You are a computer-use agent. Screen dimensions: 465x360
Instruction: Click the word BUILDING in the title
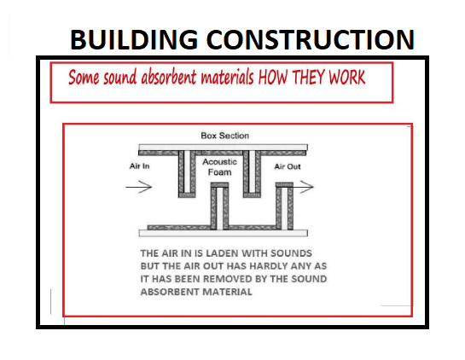tap(134, 39)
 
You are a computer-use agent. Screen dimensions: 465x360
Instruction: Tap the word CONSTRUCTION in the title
tap(311, 39)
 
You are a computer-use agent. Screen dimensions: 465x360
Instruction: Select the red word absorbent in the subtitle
tap(168, 77)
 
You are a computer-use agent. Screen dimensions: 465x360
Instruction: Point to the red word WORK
tap(347, 77)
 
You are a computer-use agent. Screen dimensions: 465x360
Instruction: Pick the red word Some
tap(84, 77)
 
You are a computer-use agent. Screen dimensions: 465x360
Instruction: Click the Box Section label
tap(224, 136)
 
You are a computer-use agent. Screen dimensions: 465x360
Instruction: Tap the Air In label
tap(139, 165)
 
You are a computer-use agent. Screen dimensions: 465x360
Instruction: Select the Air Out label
tap(288, 166)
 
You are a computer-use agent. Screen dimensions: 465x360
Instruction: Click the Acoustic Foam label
tap(220, 166)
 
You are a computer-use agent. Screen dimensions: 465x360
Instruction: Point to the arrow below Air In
tap(139, 187)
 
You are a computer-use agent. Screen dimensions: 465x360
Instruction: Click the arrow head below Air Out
tap(307, 187)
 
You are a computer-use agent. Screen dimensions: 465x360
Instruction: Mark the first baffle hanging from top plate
tap(187, 174)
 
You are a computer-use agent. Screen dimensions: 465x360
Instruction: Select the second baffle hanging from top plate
tap(252, 174)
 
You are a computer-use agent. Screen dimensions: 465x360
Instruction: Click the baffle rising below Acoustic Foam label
tap(219, 206)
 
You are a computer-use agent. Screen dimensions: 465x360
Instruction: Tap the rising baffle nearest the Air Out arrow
tap(284, 206)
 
